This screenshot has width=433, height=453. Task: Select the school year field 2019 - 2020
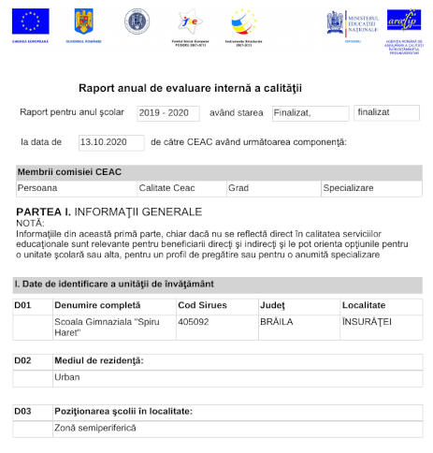click(168, 112)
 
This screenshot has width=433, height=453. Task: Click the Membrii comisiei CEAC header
click(69, 172)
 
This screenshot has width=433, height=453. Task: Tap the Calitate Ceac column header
click(173, 188)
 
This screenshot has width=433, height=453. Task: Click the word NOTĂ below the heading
click(30, 223)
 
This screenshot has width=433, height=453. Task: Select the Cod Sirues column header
click(202, 306)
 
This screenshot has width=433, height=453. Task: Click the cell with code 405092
click(193, 321)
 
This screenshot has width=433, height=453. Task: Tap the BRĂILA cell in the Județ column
click(277, 321)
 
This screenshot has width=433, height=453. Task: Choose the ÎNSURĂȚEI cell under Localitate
click(367, 321)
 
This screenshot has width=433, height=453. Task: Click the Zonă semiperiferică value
click(95, 428)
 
